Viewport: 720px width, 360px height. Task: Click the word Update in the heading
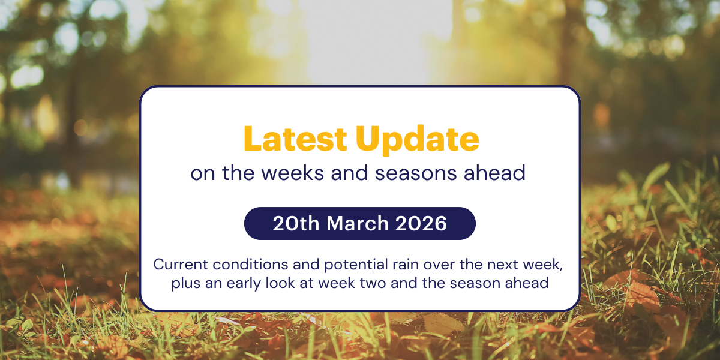point(418,139)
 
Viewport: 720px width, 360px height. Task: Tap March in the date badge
point(358,224)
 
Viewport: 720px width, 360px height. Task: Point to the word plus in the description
point(184,283)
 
